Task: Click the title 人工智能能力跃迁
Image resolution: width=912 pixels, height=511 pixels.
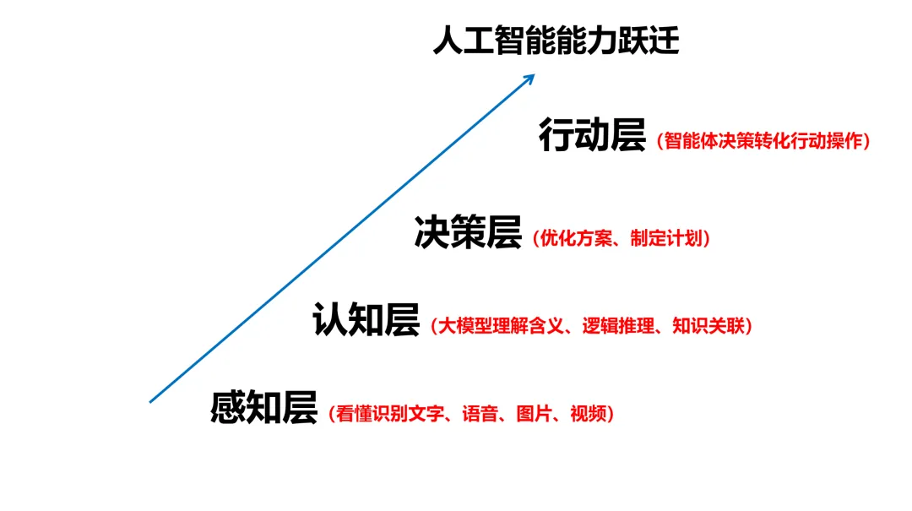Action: (x=556, y=41)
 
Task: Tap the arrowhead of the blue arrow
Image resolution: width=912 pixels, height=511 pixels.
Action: (x=530, y=77)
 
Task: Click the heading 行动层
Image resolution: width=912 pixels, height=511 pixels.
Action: (x=592, y=136)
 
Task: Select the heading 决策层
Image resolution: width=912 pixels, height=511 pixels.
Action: (x=468, y=232)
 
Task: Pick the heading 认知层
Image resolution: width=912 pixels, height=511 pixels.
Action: (x=366, y=320)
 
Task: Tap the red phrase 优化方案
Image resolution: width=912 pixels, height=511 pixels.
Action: (x=575, y=238)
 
